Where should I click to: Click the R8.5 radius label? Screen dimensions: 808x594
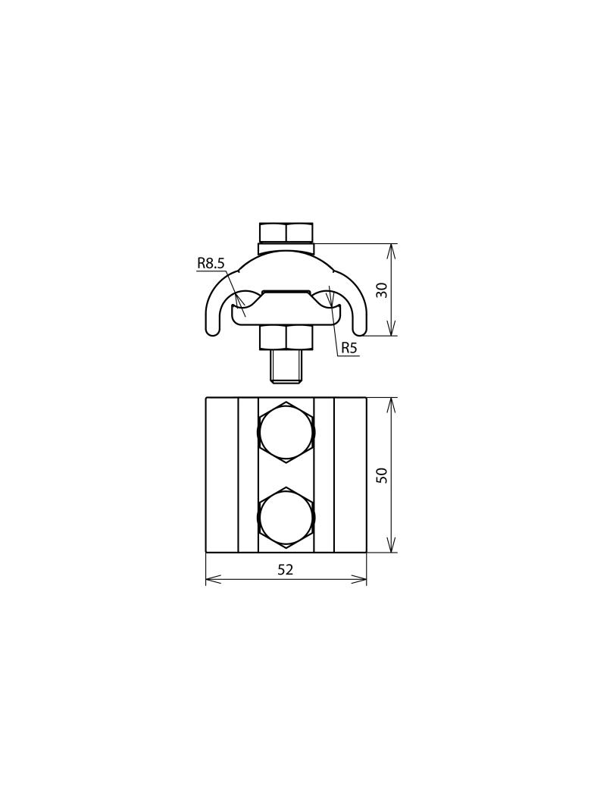coord(211,264)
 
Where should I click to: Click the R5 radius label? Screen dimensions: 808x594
coord(349,348)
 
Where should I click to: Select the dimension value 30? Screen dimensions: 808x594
coord(382,290)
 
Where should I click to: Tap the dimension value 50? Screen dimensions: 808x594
coord(382,475)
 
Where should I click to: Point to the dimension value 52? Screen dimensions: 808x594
coord(285,570)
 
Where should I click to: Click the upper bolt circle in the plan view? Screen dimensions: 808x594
coord(286,432)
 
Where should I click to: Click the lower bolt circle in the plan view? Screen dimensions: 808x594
coord(286,518)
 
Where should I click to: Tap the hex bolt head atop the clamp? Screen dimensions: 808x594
coord(286,232)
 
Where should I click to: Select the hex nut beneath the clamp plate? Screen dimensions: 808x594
coord(286,337)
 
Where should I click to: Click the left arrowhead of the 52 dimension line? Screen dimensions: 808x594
coord(212,579)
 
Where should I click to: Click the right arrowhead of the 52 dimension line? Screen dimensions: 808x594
coord(361,579)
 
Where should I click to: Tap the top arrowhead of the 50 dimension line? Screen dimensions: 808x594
coord(391,403)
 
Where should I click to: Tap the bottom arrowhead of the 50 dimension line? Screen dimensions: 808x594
coord(391,546)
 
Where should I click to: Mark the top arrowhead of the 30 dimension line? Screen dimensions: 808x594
coord(391,249)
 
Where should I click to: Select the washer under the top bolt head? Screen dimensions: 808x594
coord(286,247)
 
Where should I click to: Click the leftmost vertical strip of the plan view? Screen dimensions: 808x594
coord(222,475)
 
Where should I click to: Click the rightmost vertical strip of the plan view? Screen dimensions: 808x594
coord(350,475)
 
